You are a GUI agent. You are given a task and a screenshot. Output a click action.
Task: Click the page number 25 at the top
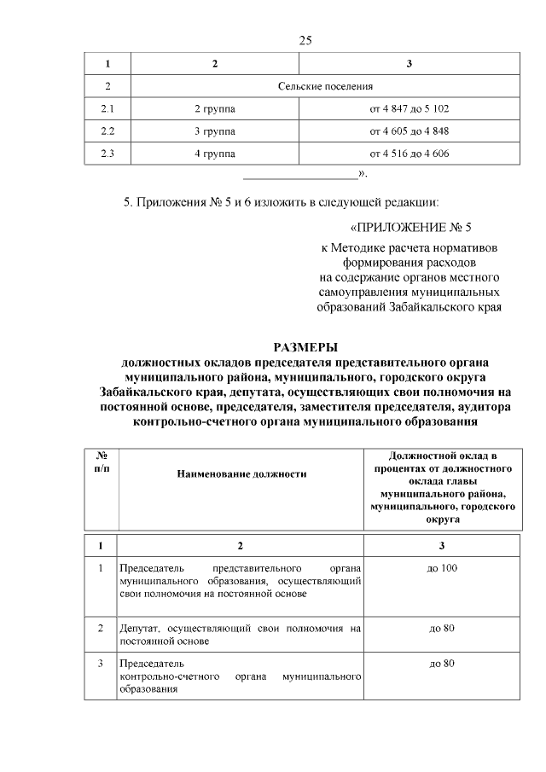(307, 41)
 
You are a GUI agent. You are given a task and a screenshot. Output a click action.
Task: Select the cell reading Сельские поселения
(325, 87)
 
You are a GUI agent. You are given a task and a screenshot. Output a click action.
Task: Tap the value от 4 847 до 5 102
(409, 109)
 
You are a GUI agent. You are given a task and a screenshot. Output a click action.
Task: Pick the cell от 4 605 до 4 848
(409, 131)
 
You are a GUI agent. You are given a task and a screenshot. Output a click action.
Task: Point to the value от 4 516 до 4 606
(409, 154)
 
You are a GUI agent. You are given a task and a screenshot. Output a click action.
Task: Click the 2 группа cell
(215, 109)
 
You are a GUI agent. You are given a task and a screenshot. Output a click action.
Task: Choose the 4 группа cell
(215, 154)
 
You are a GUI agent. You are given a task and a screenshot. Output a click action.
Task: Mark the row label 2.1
(107, 109)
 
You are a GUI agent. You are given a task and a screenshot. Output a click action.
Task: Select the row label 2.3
(107, 154)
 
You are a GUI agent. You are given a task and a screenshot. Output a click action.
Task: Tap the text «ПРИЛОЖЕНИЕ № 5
(410, 228)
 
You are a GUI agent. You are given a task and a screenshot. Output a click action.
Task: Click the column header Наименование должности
(241, 473)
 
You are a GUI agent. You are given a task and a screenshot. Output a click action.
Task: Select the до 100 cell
(442, 568)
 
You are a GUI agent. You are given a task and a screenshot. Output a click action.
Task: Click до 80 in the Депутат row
(442, 628)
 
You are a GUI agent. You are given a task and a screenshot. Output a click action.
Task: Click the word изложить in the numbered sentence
(257, 202)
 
